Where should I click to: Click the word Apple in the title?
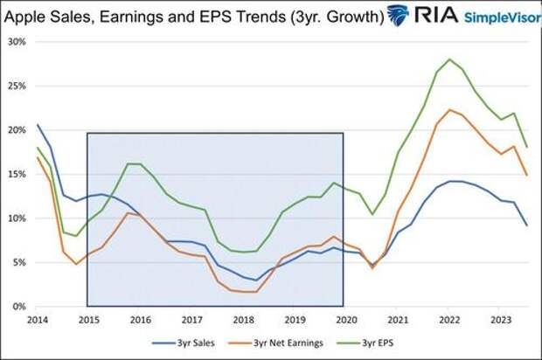tap(28, 16)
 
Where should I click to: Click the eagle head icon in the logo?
tap(398, 15)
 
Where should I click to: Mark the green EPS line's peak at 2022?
tap(449, 59)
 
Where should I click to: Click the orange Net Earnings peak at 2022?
tap(448, 110)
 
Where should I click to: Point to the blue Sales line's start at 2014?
tap(37, 125)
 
